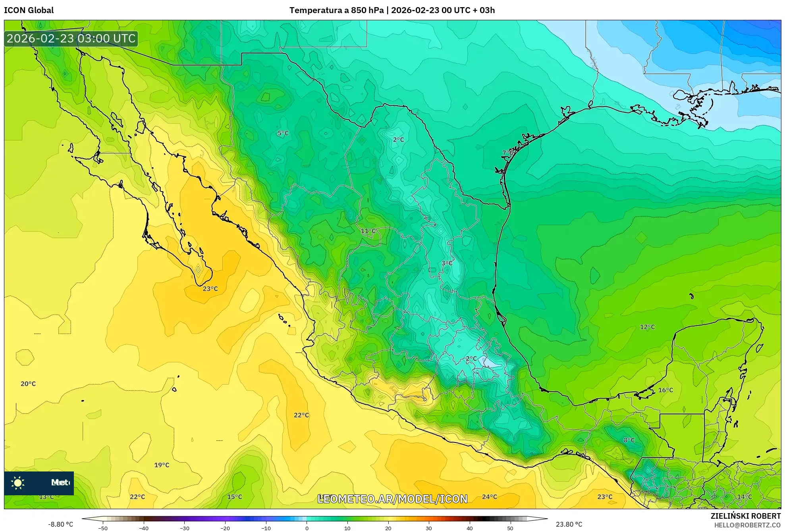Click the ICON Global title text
29,10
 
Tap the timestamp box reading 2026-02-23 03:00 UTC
71,38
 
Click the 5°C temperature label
283,133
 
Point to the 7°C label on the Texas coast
508,153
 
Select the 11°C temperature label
368,231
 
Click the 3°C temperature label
447,263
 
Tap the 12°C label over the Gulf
647,327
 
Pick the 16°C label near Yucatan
665,390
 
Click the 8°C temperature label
629,440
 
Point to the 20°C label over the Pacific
28,384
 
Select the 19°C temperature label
162,465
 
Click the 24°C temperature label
489,497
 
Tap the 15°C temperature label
234,497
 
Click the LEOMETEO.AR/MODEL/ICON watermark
392,499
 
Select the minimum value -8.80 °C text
61,524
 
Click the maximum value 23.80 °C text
569,524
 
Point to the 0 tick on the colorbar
307,528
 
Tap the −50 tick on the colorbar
103,528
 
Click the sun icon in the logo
18,483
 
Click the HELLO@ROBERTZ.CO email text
747,525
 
